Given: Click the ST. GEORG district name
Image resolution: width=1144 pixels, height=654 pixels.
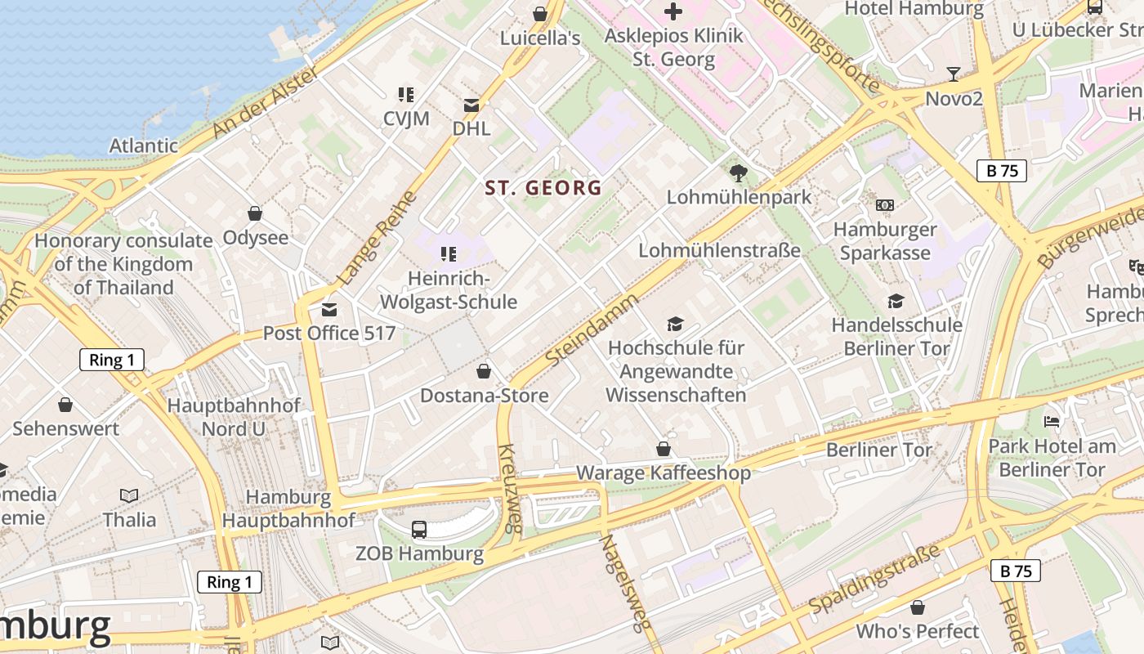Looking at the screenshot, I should [543, 188].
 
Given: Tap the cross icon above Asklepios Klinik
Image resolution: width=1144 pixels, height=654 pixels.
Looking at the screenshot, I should [673, 11].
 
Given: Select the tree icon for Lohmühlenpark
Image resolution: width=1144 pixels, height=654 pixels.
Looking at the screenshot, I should [739, 173].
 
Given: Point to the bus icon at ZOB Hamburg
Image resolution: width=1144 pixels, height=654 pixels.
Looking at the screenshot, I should [419, 530].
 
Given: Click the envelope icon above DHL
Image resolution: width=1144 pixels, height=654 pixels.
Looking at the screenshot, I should [471, 105].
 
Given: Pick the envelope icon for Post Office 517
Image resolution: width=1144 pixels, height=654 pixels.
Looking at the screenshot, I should [328, 310].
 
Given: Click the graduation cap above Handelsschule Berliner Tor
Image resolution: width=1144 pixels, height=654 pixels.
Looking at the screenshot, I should [896, 302].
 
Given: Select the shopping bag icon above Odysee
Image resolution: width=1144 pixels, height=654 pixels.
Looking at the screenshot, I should [255, 214].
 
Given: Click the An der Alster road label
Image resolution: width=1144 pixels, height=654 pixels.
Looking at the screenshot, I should [264, 103].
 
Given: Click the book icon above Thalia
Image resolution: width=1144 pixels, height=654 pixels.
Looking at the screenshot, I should [129, 495].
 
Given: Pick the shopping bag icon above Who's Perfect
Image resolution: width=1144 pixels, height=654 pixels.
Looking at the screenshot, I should [918, 607].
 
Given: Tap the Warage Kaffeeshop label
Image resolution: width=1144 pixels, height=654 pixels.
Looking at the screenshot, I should [664, 473].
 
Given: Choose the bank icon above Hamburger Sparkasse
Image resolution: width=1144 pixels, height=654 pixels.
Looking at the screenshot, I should [885, 205].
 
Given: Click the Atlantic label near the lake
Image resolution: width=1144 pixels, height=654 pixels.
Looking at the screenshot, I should [144, 146].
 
